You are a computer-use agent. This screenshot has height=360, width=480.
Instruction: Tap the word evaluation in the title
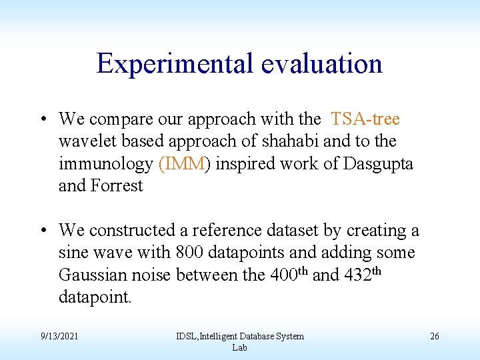tap(321, 64)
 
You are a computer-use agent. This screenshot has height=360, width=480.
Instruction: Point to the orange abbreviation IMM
tap(183, 163)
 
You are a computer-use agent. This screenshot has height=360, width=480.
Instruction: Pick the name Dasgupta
tap(378, 163)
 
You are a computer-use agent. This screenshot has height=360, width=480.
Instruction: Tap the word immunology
tap(106, 163)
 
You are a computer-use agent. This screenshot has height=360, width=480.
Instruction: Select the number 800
tap(190, 253)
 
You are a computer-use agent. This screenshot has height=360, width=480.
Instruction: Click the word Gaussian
tap(93, 275)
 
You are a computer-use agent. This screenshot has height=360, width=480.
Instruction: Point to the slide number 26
tap(434, 336)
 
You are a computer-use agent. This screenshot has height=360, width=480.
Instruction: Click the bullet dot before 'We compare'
tap(42, 120)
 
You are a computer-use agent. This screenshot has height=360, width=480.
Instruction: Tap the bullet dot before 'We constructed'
tap(42, 231)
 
